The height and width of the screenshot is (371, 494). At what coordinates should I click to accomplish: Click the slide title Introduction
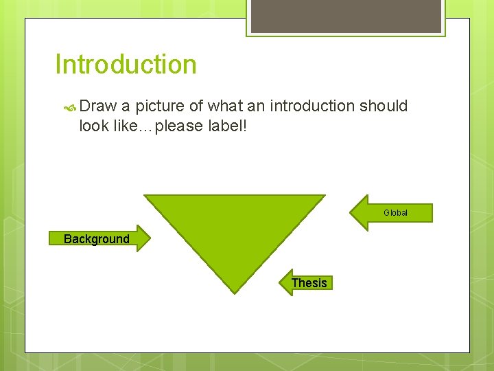pos(126,65)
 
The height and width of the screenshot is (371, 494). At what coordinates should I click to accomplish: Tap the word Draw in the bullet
pos(98,106)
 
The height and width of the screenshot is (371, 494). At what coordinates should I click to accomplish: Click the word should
pos(382,106)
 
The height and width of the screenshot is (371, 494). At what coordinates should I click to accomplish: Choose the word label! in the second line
pos(226,126)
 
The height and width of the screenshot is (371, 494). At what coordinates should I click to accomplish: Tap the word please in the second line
pos(180,126)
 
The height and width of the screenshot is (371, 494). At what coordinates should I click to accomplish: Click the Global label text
pos(395,213)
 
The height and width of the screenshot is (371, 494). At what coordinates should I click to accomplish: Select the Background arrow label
pos(96,239)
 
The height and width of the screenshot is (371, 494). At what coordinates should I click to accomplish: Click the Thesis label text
pos(309,283)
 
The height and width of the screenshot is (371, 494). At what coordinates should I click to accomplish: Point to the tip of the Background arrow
pos(148,238)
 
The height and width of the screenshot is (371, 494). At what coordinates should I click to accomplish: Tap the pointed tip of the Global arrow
pos(351,212)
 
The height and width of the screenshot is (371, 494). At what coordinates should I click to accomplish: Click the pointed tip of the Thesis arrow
pos(281,282)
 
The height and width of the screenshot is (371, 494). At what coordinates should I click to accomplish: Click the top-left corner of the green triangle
pos(145,196)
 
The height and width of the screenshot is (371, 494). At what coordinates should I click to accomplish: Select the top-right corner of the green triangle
pos(324,196)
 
